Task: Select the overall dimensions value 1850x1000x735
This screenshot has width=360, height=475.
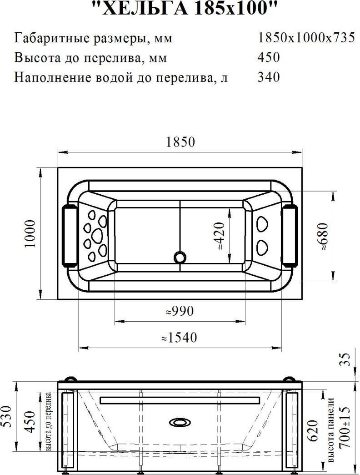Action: tap(306, 38)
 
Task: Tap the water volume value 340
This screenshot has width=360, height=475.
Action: tap(269, 77)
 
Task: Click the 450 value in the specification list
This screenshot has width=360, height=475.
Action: tap(269, 57)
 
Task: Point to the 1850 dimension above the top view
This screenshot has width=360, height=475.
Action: tap(180, 142)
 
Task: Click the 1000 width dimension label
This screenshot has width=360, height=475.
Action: tap(30, 233)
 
